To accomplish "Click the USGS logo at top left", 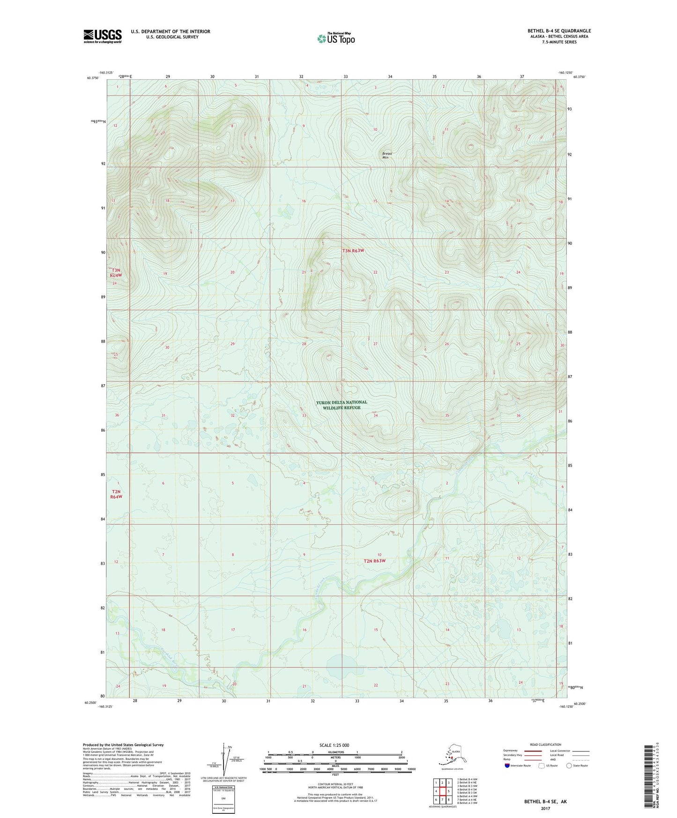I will pyautogui.click(x=102, y=36).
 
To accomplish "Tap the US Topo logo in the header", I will pyautogui.click(x=335, y=38).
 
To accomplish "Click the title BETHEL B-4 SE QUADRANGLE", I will pyautogui.click(x=559, y=31).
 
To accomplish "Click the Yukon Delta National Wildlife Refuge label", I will pyautogui.click(x=341, y=405).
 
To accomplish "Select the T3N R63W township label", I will pyautogui.click(x=353, y=251).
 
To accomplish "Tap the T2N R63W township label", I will pyautogui.click(x=374, y=561).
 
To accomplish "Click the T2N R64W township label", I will pyautogui.click(x=116, y=494).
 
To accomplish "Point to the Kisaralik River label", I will pyautogui.click(x=166, y=652).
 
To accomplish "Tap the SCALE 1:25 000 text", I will pyautogui.click(x=334, y=745).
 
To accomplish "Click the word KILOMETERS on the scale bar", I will pyautogui.click(x=335, y=752).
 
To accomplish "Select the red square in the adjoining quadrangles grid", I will pyautogui.click(x=442, y=791).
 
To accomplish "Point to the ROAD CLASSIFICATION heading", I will pyautogui.click(x=545, y=744).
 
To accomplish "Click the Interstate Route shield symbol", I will pyautogui.click(x=507, y=766).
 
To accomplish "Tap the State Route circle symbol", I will pyautogui.click(x=569, y=766).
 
